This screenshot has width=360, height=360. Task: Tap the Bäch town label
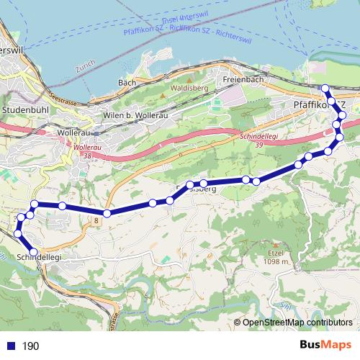point(127,83)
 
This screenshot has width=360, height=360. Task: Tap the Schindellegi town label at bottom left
point(37,257)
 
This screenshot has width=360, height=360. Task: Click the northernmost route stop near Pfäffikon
point(325,89)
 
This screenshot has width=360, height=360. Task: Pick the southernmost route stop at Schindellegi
point(33,251)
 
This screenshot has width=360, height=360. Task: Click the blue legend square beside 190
point(11,346)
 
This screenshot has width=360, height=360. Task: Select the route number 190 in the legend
point(31,346)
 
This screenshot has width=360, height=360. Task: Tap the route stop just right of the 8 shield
point(107,213)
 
